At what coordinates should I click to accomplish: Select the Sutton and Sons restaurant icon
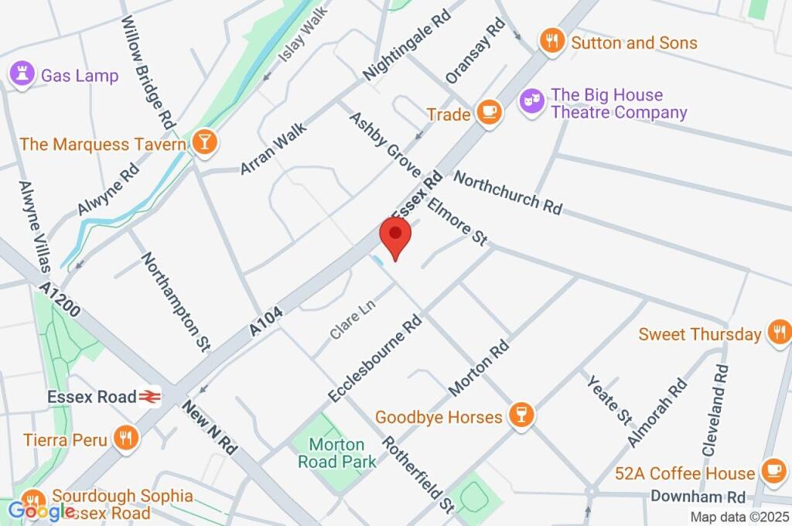(x=551, y=42)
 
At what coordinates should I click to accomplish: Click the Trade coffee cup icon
(x=489, y=114)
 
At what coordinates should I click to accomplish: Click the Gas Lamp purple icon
(x=19, y=75)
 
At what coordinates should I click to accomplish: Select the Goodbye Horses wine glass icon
(x=521, y=416)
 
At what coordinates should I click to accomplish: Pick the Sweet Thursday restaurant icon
(x=778, y=333)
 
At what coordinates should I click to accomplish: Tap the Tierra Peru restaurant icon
(x=125, y=439)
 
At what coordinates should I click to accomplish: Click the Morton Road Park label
(x=337, y=453)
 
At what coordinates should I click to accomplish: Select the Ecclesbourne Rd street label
(x=375, y=357)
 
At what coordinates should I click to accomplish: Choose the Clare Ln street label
(x=352, y=319)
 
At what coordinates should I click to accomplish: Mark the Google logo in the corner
(x=40, y=511)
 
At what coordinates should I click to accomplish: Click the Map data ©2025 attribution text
(x=739, y=517)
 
